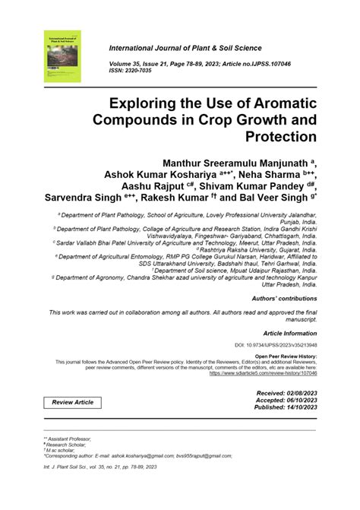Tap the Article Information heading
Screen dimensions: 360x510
(x=289, y=333)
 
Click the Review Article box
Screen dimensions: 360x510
(x=73, y=401)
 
